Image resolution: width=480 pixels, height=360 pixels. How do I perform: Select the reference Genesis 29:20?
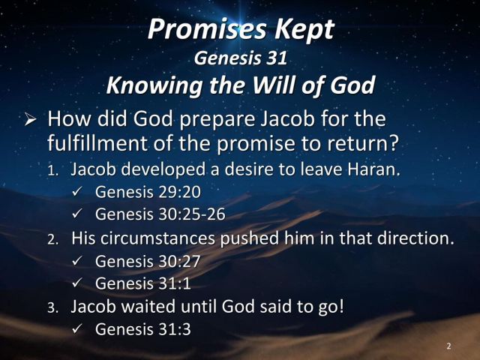click(x=147, y=192)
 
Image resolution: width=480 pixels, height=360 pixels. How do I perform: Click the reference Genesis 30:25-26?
click(x=160, y=214)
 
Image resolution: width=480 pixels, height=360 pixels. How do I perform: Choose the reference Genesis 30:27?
click(x=147, y=261)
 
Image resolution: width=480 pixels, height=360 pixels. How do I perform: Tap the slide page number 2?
click(x=448, y=346)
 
